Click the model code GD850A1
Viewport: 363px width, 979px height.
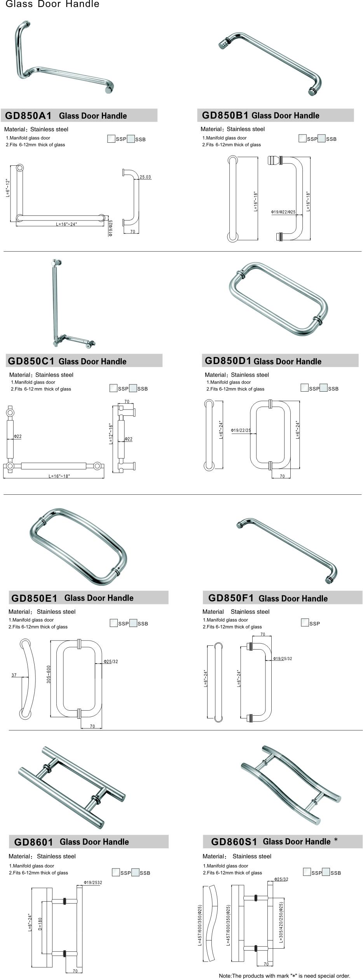pos(28,116)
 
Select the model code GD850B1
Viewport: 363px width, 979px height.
pos(225,115)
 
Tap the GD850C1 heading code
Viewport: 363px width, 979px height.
pos(31,361)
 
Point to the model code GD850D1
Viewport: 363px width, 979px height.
pos(228,361)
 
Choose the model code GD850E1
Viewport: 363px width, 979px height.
pos(34,598)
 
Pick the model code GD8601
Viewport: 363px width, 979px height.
pos(33,842)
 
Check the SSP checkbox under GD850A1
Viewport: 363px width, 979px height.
pos(111,139)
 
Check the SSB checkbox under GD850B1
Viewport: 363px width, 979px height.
pos(321,138)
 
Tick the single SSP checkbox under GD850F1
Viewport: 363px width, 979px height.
pos(305,623)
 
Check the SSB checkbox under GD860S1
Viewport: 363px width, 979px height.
pos(326,872)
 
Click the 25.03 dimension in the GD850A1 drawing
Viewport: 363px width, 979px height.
pos(145,177)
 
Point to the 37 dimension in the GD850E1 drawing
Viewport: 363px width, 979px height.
pos(14,675)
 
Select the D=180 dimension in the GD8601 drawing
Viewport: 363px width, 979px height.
pos(40,925)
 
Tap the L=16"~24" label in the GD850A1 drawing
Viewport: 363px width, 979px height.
pos(66,224)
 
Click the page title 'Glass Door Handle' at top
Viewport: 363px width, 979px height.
pos(52,4)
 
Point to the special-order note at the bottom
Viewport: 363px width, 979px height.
pos(284,975)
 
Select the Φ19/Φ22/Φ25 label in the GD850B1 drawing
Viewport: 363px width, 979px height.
pos(283,212)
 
